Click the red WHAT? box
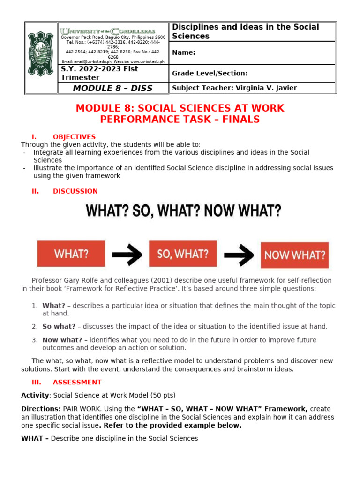click(x=71, y=254)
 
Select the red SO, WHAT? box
click(x=183, y=254)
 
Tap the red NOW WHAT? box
click(x=294, y=255)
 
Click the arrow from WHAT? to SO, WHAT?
click(x=127, y=255)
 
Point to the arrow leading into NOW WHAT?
click(x=239, y=255)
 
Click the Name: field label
click(x=184, y=52)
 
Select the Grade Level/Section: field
click(x=210, y=73)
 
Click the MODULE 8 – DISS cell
click(x=112, y=88)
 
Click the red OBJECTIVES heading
click(x=74, y=137)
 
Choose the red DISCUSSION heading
click(x=75, y=191)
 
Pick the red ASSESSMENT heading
click(x=77, y=382)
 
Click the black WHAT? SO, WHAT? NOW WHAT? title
click(x=183, y=211)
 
